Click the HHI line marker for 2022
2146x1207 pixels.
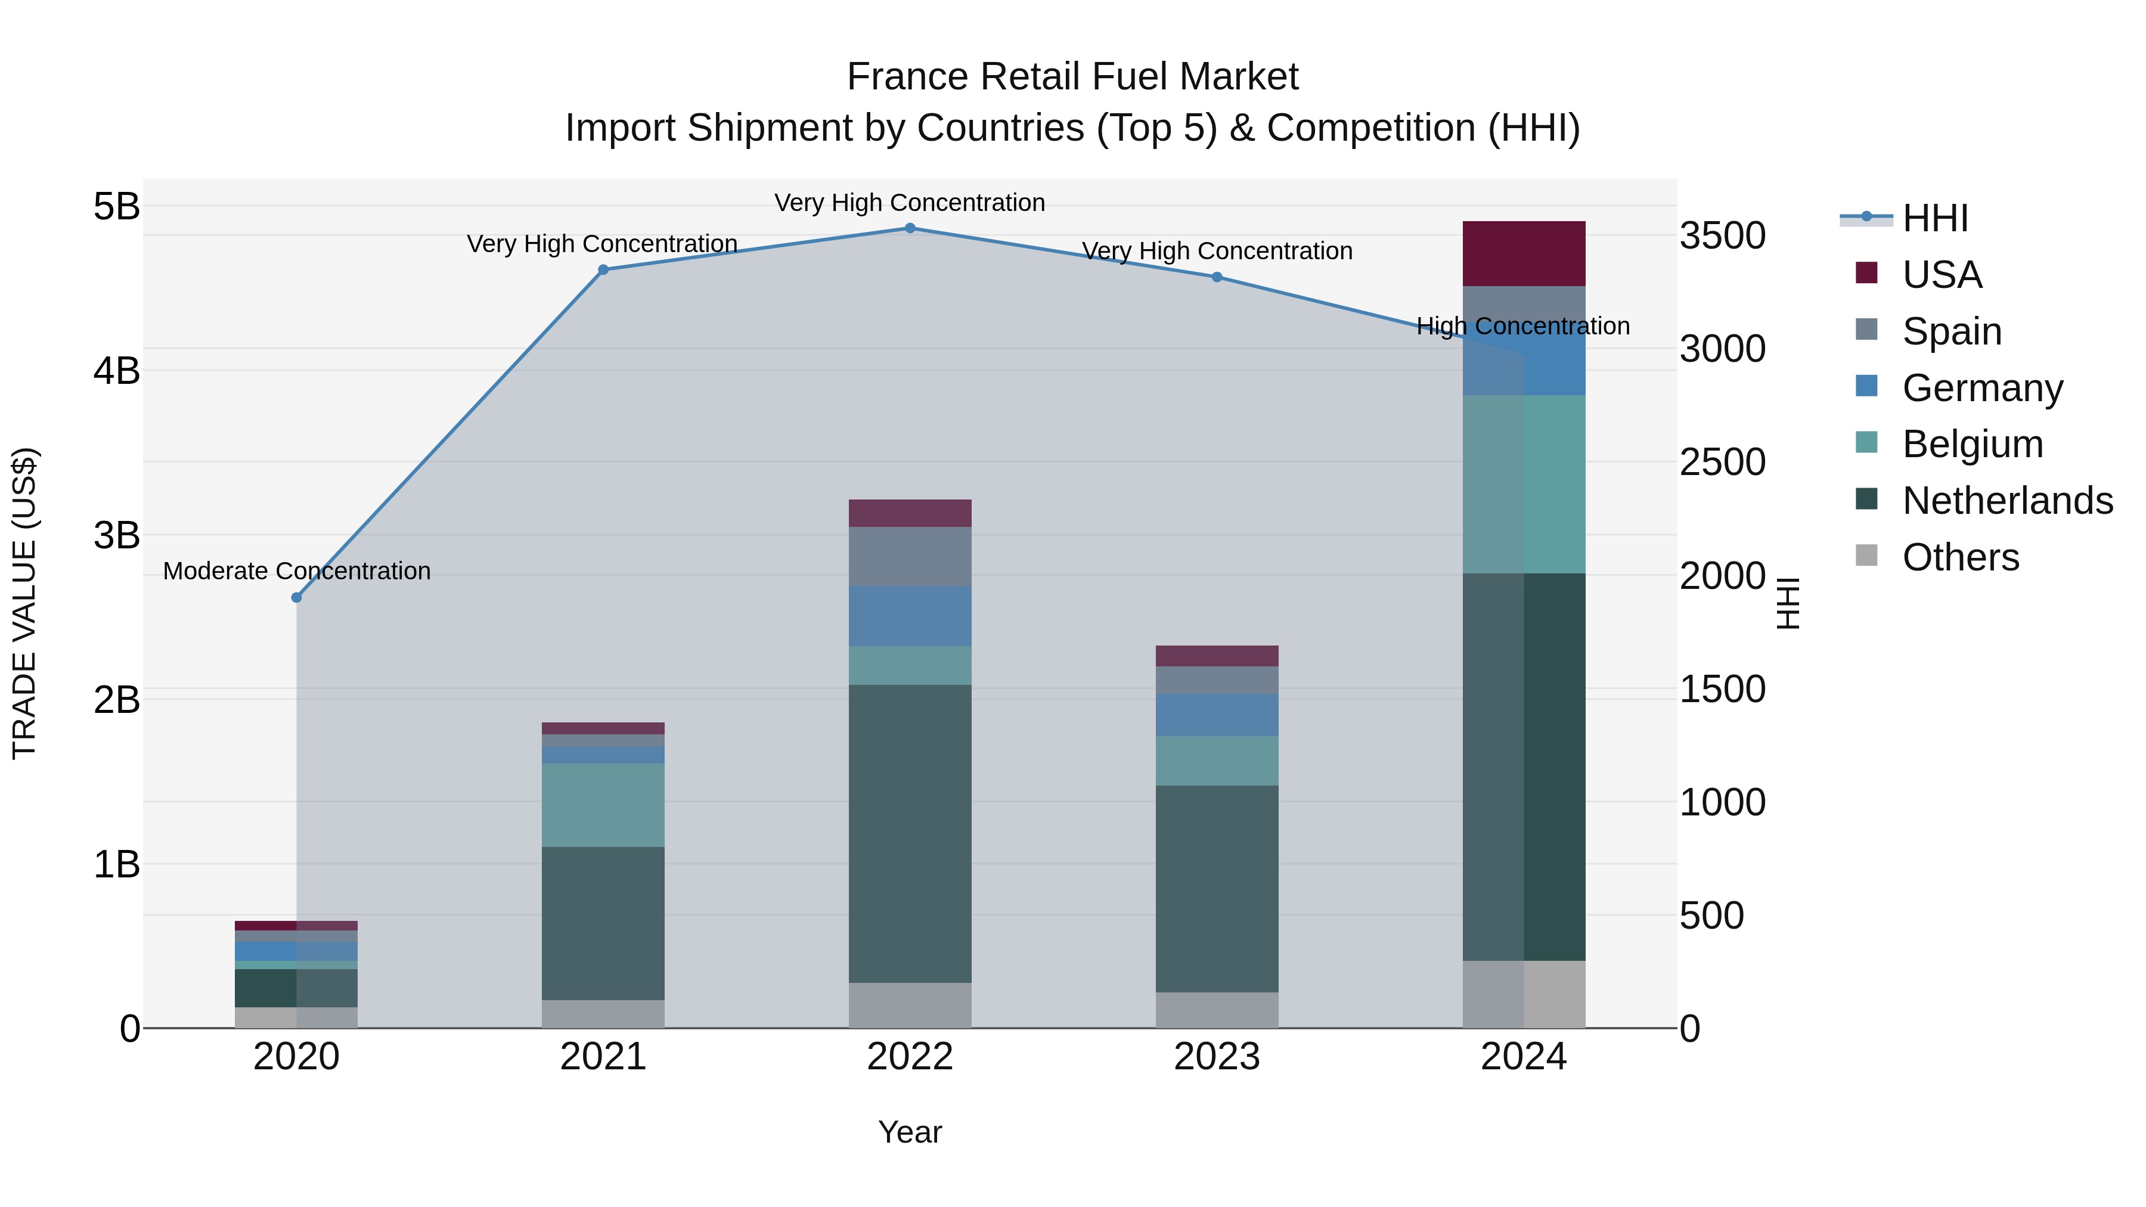(910, 228)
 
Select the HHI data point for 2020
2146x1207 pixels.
(297, 597)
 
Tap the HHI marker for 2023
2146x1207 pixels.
(1216, 277)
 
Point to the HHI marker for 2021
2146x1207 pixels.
(603, 270)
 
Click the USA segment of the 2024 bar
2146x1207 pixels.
(1524, 254)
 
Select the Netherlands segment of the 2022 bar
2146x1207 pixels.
(910, 833)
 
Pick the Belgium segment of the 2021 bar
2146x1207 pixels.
(603, 805)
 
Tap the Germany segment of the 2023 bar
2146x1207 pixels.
(1216, 715)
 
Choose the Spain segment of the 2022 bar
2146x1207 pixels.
(910, 557)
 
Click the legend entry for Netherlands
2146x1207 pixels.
(2007, 501)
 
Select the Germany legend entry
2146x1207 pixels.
(1982, 388)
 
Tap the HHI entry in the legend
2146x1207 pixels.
(1934, 218)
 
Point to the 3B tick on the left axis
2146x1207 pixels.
(117, 536)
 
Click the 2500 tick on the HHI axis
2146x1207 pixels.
(1722, 463)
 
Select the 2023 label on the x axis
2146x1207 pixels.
(1216, 1057)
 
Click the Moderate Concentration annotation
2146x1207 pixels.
(297, 572)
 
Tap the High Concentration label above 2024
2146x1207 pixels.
(1523, 327)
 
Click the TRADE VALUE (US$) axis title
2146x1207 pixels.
(25, 603)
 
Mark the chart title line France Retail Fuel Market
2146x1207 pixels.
(1072, 77)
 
